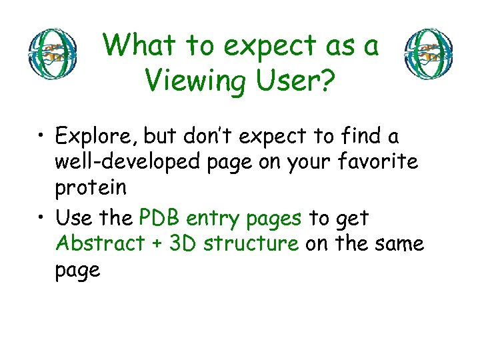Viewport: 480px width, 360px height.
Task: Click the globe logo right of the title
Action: [x=430, y=54]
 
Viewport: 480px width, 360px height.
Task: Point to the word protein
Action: [x=91, y=189]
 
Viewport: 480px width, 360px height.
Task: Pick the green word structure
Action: [x=251, y=243]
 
